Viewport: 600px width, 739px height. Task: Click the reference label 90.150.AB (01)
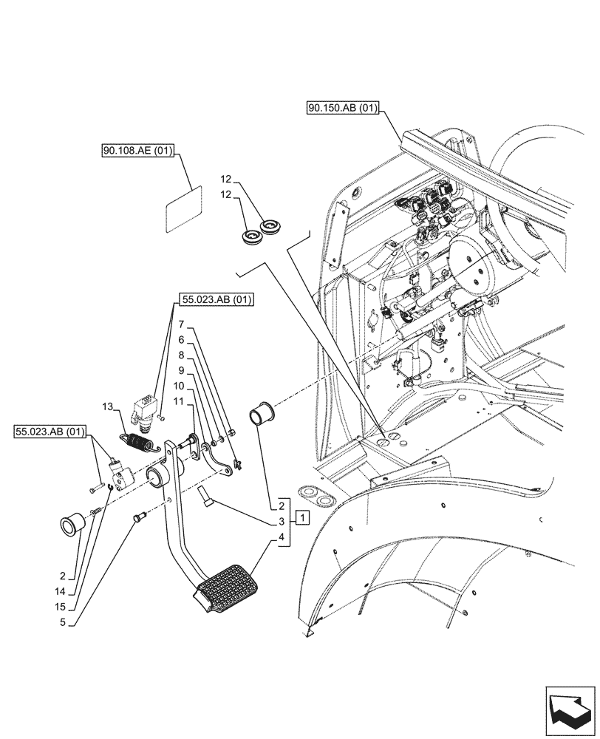(343, 109)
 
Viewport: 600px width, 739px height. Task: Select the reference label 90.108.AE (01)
(137, 152)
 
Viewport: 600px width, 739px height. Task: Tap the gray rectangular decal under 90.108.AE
(183, 210)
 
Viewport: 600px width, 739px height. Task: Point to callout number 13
(108, 407)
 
